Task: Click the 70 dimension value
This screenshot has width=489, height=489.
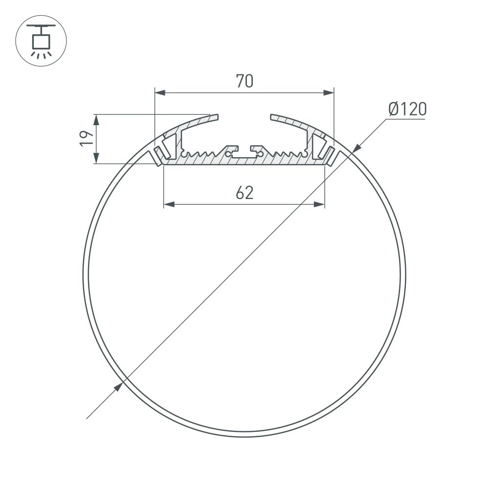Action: (x=244, y=81)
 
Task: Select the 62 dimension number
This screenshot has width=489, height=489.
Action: (x=244, y=193)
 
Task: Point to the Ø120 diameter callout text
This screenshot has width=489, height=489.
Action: (x=407, y=109)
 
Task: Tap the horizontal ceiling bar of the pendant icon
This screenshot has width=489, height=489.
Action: (x=41, y=25)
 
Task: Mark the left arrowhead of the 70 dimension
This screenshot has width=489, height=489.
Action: (x=159, y=92)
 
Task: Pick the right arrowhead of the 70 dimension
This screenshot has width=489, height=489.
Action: (x=329, y=92)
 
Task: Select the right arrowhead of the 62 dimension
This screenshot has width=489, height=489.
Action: (x=320, y=204)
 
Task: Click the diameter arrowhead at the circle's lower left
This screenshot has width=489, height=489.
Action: (x=118, y=388)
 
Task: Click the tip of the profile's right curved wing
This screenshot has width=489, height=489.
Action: (x=272, y=117)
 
